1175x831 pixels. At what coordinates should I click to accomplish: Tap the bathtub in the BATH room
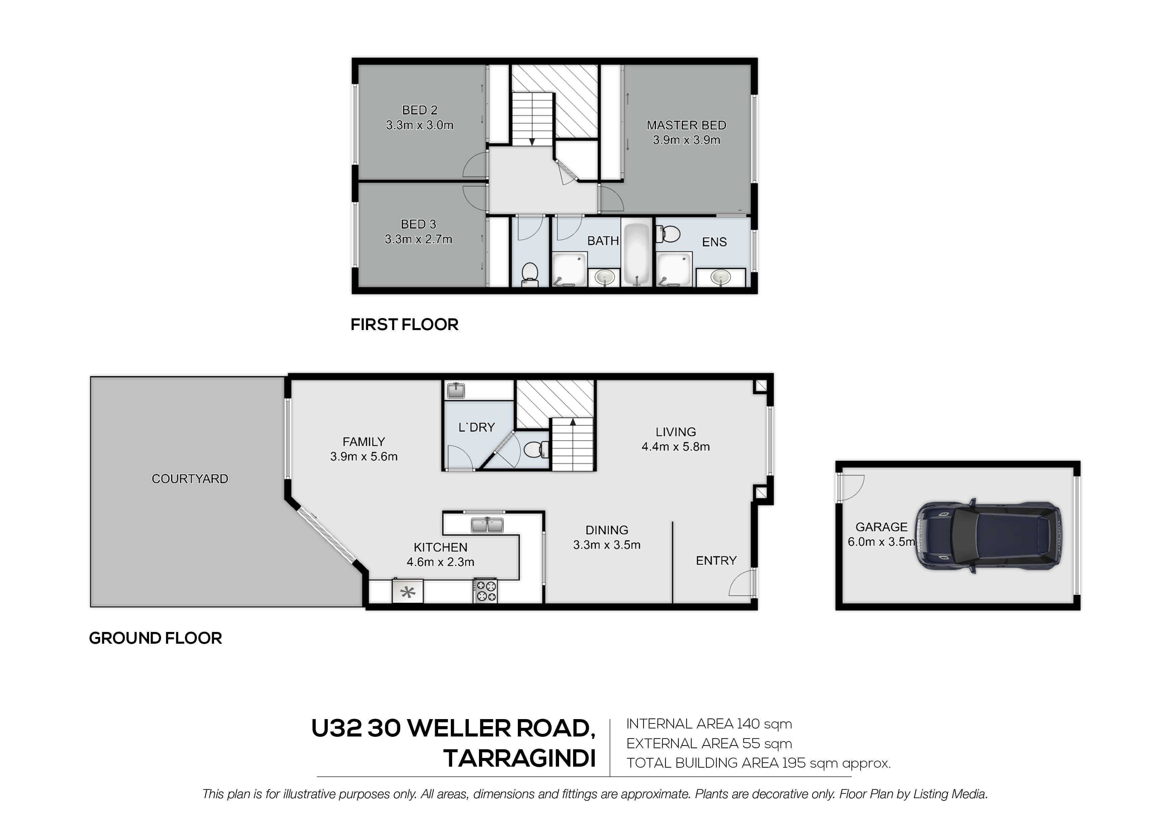(637, 252)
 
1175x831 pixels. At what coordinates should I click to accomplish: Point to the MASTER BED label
(686, 125)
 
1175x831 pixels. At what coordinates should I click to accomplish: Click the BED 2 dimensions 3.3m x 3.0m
(420, 125)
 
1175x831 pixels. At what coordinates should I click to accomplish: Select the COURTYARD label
(190, 479)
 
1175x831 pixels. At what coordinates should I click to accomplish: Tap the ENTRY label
(716, 561)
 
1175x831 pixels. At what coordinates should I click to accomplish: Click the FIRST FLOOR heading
(404, 325)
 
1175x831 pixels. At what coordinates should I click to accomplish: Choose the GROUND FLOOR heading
(155, 638)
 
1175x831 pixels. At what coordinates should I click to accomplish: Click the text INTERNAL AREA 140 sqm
(709, 724)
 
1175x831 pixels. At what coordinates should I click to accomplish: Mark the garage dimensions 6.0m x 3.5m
(881, 542)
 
